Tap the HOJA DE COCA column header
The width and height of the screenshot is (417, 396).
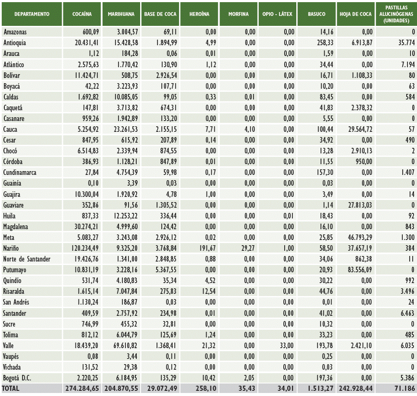(355, 14)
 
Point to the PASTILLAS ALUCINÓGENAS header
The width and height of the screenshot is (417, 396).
(395, 14)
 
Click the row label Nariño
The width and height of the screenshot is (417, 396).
(11, 248)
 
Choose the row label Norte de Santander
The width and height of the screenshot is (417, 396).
(26, 259)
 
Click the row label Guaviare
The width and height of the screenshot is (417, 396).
(14, 205)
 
